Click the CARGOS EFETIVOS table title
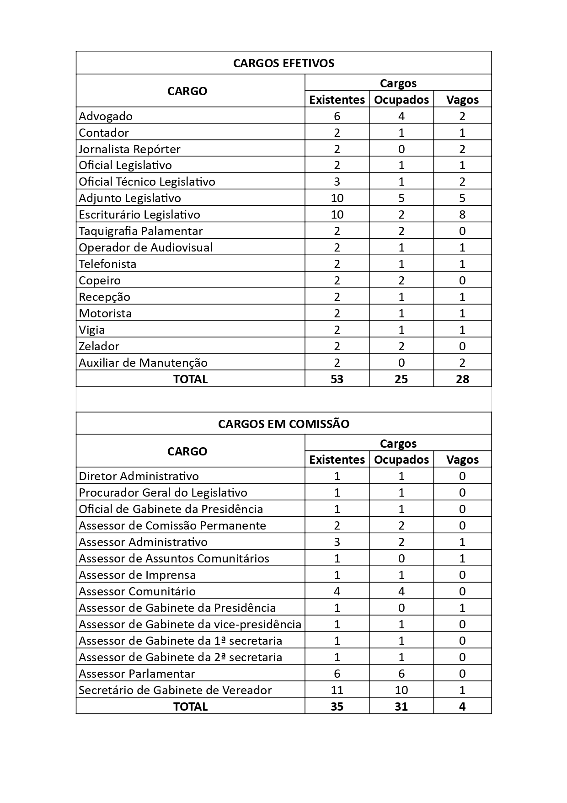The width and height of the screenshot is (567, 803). (283, 63)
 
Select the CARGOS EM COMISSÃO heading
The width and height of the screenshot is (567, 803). (283, 424)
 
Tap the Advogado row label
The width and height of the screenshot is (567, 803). (106, 116)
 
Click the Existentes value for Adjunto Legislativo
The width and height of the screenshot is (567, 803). (337, 198)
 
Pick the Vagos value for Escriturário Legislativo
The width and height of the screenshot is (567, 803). (462, 214)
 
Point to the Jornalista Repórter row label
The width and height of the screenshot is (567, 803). (129, 149)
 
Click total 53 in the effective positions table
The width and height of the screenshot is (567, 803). (337, 379)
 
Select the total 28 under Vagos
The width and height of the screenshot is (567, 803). (462, 379)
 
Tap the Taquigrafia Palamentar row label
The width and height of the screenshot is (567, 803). (140, 231)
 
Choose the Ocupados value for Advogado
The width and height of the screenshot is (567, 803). (401, 116)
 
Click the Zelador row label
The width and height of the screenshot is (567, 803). (99, 346)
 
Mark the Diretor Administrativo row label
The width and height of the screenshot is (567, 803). (139, 476)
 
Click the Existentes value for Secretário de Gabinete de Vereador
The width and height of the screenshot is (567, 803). (337, 690)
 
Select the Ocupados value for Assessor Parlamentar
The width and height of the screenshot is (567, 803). (401, 674)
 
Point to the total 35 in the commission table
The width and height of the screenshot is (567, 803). (337, 707)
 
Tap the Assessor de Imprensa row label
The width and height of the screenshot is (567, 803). (137, 575)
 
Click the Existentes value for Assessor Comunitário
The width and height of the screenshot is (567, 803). (337, 591)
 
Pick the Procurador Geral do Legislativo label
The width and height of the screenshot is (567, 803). (163, 493)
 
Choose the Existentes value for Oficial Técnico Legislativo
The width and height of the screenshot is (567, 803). (337, 182)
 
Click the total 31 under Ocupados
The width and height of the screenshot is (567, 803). (401, 707)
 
